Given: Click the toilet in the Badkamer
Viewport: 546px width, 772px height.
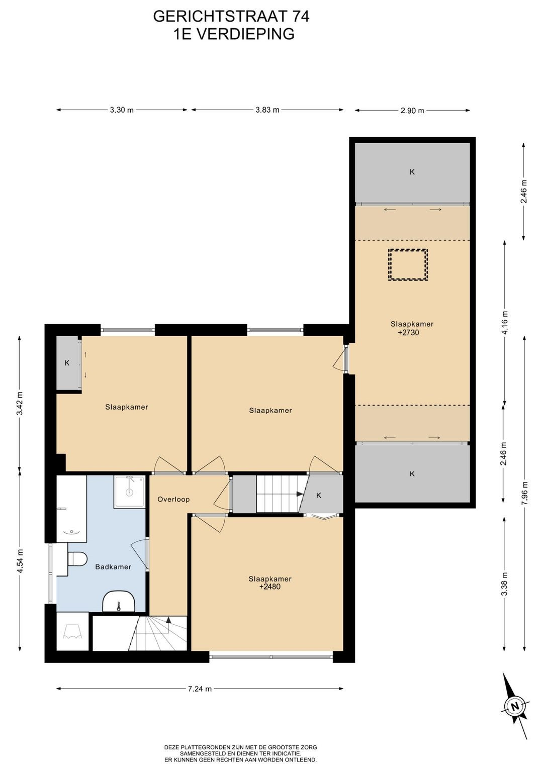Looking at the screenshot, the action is (77, 559).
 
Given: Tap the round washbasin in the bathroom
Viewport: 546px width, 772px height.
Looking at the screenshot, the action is (119, 602).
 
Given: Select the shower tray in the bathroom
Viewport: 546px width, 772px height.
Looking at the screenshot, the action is (129, 492).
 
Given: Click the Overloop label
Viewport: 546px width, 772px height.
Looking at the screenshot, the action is (173, 500).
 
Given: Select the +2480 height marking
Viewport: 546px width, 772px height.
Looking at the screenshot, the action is (270, 587).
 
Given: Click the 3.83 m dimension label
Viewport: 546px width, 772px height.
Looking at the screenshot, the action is (267, 110).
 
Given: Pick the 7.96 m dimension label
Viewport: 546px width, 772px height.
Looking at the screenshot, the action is (524, 494).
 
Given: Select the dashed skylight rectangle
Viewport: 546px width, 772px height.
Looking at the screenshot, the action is (408, 265).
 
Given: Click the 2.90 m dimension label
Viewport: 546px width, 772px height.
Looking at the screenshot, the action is (412, 111).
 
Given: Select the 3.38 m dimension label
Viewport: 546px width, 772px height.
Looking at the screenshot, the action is (505, 584).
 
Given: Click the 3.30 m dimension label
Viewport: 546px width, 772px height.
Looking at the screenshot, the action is (122, 110).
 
